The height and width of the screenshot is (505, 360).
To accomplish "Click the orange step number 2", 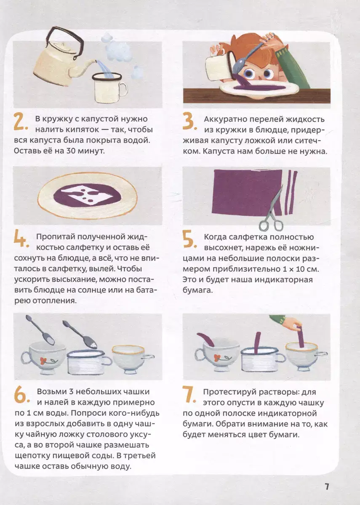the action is coord(20,122).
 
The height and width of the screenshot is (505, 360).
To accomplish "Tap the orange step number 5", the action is coord(189,239).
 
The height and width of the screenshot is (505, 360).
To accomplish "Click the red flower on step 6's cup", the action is coord(43,359).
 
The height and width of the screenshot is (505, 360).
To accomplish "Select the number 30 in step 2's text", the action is coord(71,151).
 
